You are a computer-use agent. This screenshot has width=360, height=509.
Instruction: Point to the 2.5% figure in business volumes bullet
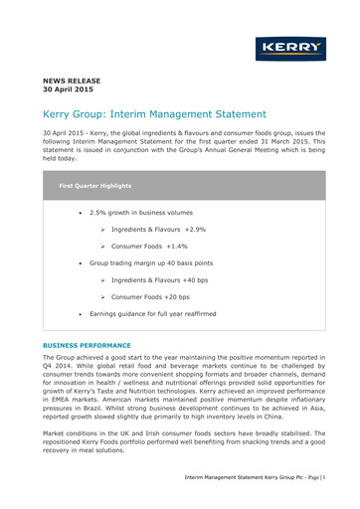99,213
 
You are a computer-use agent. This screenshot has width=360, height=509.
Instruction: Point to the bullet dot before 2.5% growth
80,213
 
